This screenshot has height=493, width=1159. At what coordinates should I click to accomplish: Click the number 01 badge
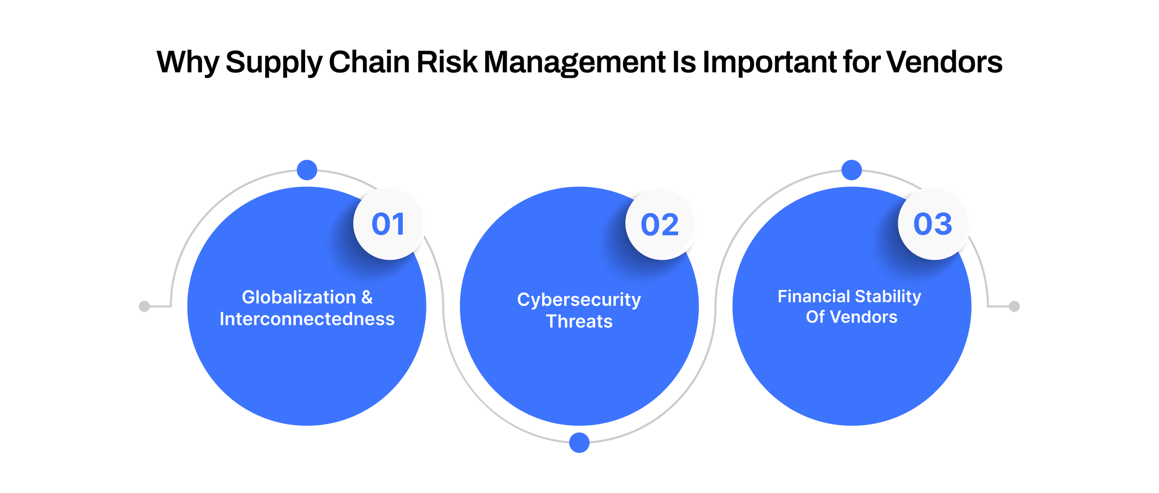click(x=388, y=224)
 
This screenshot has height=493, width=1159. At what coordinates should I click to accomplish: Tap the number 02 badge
click(x=661, y=225)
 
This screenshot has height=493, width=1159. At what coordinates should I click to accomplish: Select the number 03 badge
click(x=933, y=224)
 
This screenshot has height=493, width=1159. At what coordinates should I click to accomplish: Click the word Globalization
click(x=299, y=297)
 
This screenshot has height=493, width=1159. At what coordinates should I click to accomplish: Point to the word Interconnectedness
click(x=307, y=319)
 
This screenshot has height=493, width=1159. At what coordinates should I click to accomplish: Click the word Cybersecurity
click(x=579, y=300)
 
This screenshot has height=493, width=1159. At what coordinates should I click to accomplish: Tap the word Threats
click(x=579, y=322)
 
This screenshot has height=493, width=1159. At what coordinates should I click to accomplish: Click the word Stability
click(x=888, y=297)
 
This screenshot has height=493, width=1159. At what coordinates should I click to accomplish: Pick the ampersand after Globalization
click(x=367, y=297)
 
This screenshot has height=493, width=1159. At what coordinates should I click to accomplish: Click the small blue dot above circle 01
click(x=307, y=170)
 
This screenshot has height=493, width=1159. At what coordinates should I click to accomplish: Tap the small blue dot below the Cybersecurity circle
click(x=579, y=442)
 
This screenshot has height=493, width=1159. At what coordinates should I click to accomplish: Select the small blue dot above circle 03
click(x=852, y=170)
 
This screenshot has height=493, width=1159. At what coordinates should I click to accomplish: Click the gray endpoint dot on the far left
click(x=144, y=306)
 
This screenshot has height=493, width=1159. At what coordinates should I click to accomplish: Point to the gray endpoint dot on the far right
click(x=1014, y=306)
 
